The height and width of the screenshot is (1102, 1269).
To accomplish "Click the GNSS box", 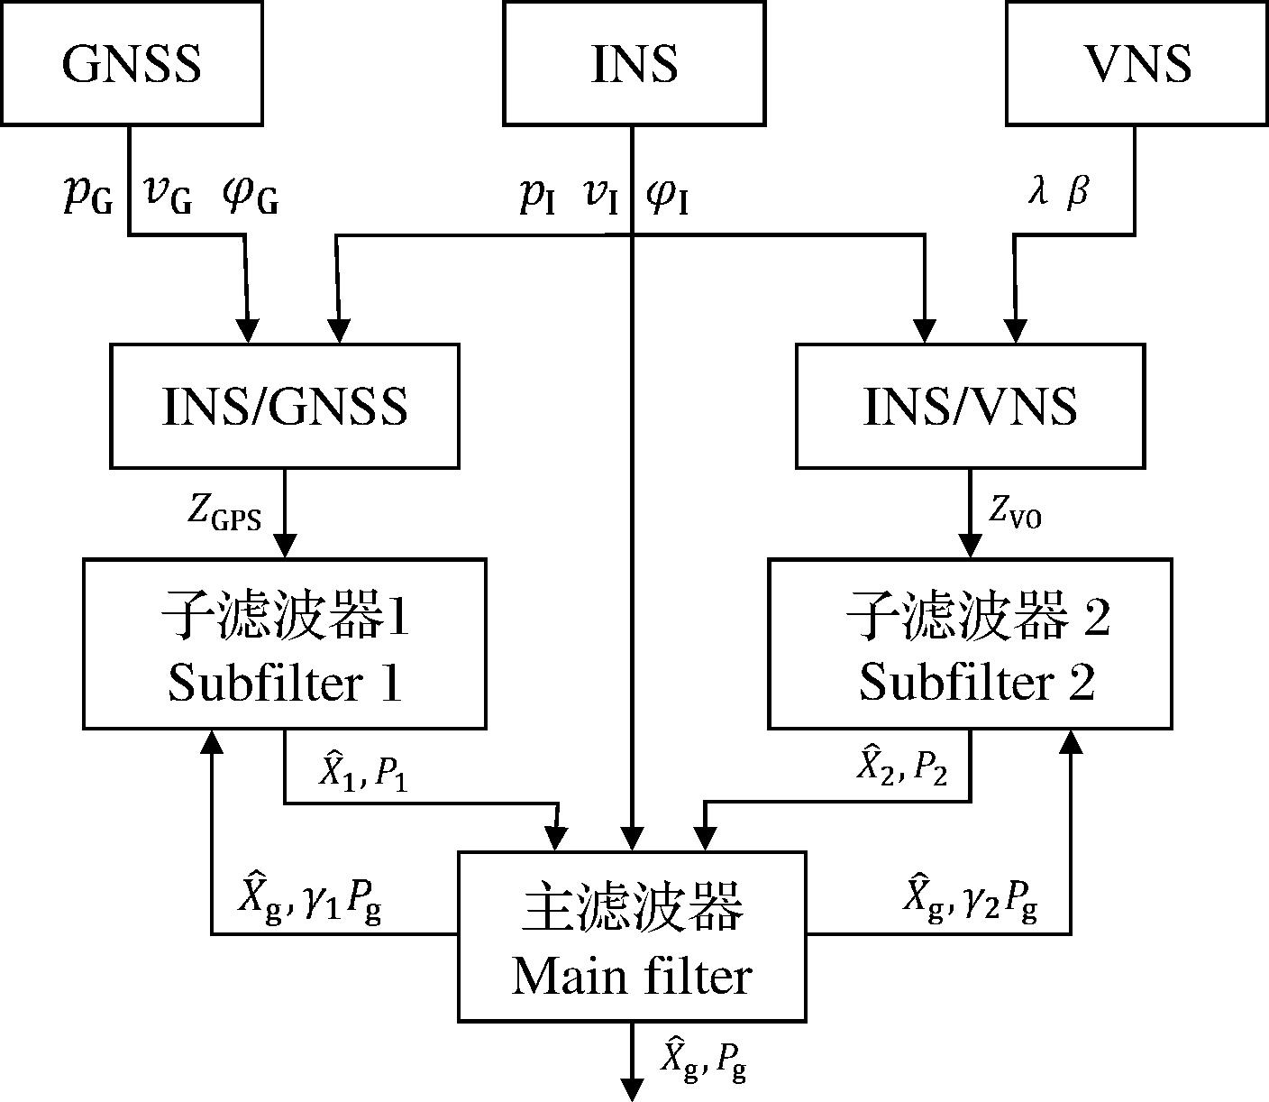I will click(x=132, y=63).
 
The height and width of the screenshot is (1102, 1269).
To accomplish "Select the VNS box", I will click(x=1137, y=63).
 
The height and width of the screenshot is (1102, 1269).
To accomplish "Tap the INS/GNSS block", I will click(x=285, y=406).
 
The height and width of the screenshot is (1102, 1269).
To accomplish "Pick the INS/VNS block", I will click(x=970, y=406).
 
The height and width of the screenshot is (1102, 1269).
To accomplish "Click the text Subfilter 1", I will click(x=285, y=683).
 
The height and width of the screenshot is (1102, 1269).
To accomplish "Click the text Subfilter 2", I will click(x=976, y=683).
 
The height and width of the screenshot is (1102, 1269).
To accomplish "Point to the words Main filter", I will click(x=632, y=977).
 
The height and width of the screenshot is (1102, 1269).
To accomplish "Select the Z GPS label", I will click(x=224, y=513).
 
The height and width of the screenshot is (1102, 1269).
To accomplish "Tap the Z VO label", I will click(x=1015, y=513).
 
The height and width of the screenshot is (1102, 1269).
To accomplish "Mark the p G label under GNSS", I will click(x=88, y=195).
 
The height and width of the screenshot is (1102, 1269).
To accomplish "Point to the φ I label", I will click(x=668, y=196).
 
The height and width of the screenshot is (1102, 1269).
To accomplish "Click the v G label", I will click(x=168, y=195).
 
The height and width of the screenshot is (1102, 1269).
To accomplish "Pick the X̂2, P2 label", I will click(x=900, y=768).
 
